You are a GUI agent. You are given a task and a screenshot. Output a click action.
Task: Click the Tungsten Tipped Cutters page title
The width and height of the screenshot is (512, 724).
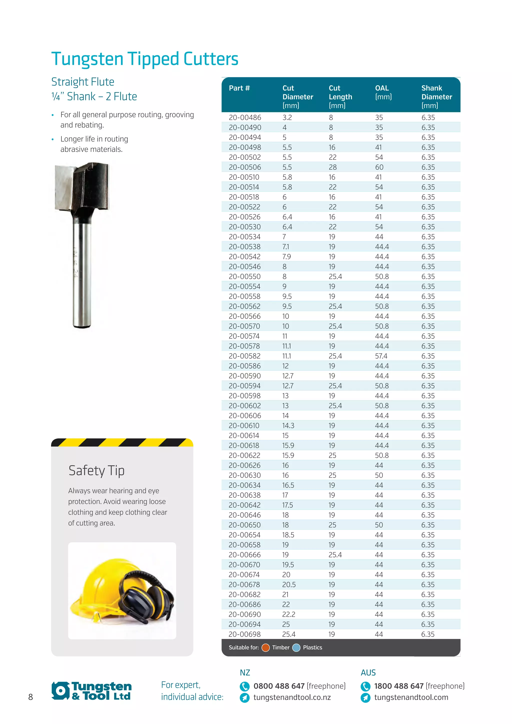pos(145,59)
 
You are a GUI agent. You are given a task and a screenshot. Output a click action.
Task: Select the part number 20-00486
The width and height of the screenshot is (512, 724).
pos(245,117)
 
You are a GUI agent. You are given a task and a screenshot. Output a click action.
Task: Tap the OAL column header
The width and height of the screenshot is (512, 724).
pos(382,88)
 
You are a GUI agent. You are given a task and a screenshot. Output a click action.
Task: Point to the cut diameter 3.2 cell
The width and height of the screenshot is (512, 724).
pos(287,117)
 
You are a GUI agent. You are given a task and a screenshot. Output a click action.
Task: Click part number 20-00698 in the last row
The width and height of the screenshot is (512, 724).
pos(245,634)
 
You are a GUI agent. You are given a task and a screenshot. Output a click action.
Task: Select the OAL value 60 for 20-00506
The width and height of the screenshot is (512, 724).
pos(379,167)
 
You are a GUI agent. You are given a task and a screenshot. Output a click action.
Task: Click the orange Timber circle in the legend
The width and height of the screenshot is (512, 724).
pos(265,648)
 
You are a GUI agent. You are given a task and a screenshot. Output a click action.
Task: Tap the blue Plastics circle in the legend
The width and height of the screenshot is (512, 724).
pos(296,648)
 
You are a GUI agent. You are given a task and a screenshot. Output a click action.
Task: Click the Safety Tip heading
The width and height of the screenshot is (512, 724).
pos(96,470)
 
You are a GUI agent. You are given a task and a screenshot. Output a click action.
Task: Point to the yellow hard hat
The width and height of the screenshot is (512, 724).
pos(101,584)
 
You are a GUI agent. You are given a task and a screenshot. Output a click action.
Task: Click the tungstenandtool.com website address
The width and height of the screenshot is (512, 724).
pos(411,697)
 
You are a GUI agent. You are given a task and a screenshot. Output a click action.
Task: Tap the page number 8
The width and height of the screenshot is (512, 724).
pos(30,697)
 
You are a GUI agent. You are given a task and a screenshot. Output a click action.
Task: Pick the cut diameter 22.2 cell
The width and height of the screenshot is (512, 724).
pos(288,614)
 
